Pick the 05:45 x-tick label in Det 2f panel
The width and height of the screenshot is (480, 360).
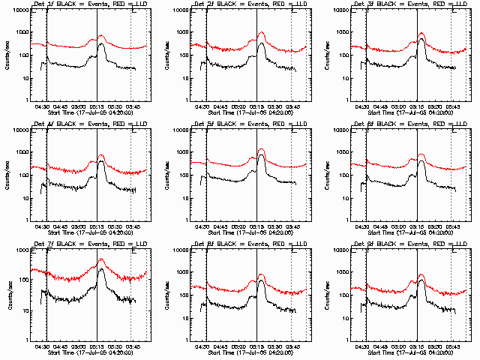(x=292, y=106)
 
